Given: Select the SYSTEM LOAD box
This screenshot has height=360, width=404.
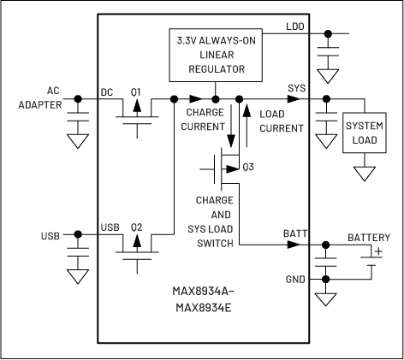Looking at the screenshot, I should [x=365, y=133].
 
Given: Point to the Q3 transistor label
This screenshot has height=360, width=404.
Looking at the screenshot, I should [x=248, y=166].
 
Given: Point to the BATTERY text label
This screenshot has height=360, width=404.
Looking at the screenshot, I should [x=368, y=237].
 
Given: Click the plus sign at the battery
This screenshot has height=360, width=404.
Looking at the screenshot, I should [x=377, y=251].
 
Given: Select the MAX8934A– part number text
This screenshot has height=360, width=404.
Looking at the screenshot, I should [x=201, y=290].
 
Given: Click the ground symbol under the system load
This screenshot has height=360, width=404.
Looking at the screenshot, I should [x=365, y=174].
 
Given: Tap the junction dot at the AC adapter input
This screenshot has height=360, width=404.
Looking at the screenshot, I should [x=78, y=99].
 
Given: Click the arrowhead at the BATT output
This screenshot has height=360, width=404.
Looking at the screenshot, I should [x=294, y=245].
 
